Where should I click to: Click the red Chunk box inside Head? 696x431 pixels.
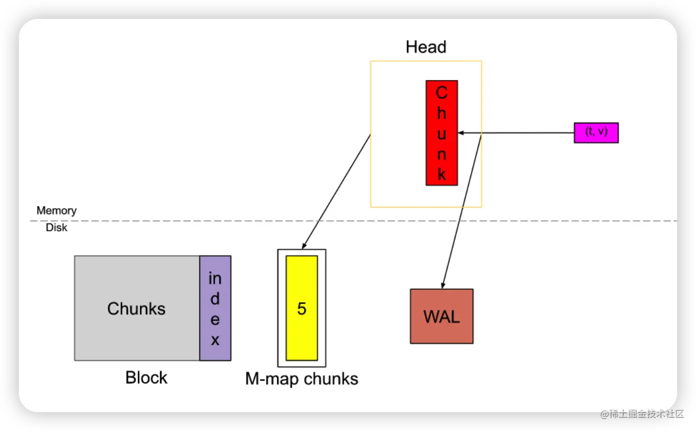pos(442,133)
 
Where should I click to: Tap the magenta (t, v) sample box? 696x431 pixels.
pos(596,132)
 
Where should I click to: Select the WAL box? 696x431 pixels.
pos(442,316)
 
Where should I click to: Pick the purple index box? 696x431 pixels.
pos(215,308)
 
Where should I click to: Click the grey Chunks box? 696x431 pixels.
pos(137,308)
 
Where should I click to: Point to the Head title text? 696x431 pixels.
pos(426,47)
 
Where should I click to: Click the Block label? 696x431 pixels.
pos(147,377)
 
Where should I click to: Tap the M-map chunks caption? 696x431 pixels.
pos(301,379)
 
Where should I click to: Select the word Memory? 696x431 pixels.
pos(57,211)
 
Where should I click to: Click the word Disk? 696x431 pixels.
pos(57,228)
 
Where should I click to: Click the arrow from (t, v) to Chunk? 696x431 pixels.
pos(523,133)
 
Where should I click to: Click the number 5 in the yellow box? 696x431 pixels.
pos(301,309)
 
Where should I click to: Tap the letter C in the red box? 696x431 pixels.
pos(442,93)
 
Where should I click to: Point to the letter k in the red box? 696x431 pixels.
pos(442,174)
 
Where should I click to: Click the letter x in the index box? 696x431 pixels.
pos(215,341)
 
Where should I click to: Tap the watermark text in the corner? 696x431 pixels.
pos(642,413)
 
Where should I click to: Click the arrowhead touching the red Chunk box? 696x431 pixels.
pos(462,133)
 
